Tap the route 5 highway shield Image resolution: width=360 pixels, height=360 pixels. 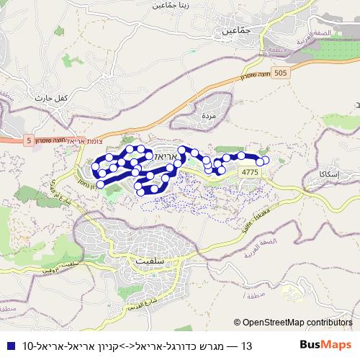click(28, 141)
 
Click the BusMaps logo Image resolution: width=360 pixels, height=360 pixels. click(325, 346)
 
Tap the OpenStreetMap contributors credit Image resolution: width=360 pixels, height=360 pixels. click(297, 323)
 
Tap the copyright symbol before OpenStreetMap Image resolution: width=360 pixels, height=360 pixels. click(238, 323)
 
